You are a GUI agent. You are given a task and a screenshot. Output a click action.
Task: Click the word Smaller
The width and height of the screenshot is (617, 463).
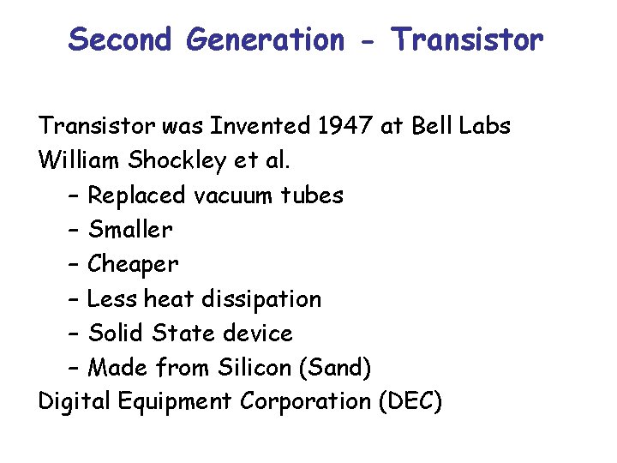(x=130, y=230)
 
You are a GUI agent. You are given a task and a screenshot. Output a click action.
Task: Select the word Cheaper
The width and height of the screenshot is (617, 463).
(x=134, y=265)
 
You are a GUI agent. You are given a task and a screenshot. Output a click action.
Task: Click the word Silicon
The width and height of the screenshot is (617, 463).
(x=253, y=367)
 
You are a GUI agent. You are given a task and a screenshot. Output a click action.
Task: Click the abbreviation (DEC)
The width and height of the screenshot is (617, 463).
(x=410, y=401)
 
